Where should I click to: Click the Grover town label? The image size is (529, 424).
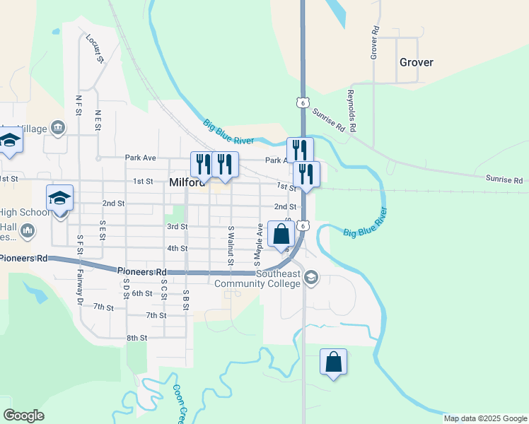coord(416,62)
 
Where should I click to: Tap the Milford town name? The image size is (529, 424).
coord(187,182)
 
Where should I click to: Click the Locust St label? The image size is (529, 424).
coord(95,48)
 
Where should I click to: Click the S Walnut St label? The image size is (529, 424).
coord(231,247)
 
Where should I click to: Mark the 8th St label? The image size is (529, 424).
coord(136,338)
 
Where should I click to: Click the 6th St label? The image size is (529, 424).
coord(141,293)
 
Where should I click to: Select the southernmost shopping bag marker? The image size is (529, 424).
coord(334,362)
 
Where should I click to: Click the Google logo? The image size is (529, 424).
coord(23,416)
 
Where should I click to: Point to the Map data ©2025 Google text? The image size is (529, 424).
coord(485,418)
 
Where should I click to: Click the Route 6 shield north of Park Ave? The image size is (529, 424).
coord(302,102)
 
